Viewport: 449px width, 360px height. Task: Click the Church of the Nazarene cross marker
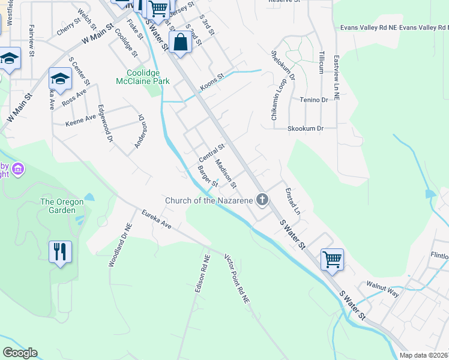point(262,200)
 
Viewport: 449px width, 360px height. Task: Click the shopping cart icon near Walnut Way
point(332,259)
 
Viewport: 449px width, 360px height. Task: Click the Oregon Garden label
point(62,206)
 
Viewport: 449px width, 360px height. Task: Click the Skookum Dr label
point(306,128)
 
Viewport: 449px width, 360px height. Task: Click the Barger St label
point(207,177)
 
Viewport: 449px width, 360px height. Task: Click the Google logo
point(20,353)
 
